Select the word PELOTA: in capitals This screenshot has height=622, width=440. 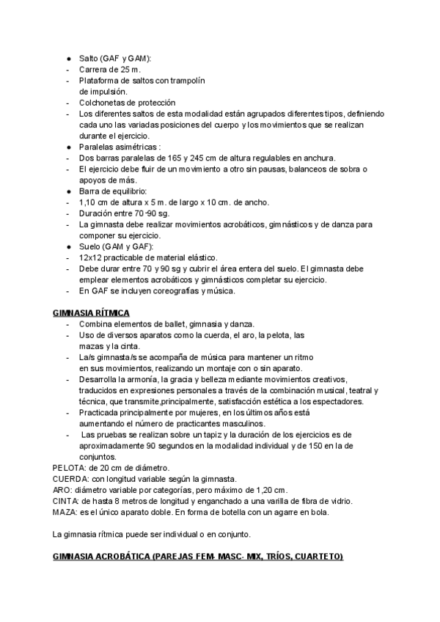(69, 466)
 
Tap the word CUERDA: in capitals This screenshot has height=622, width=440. (70, 478)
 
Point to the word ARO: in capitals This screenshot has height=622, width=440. (63, 489)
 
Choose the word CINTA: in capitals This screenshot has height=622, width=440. (67, 501)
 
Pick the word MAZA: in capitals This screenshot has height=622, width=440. (66, 512)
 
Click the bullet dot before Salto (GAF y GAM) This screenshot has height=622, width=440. (68, 58)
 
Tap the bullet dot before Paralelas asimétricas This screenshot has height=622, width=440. (68, 147)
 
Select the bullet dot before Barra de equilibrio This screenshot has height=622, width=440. (68, 191)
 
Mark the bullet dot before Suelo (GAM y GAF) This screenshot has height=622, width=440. (68, 247)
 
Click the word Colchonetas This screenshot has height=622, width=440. (103, 103)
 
